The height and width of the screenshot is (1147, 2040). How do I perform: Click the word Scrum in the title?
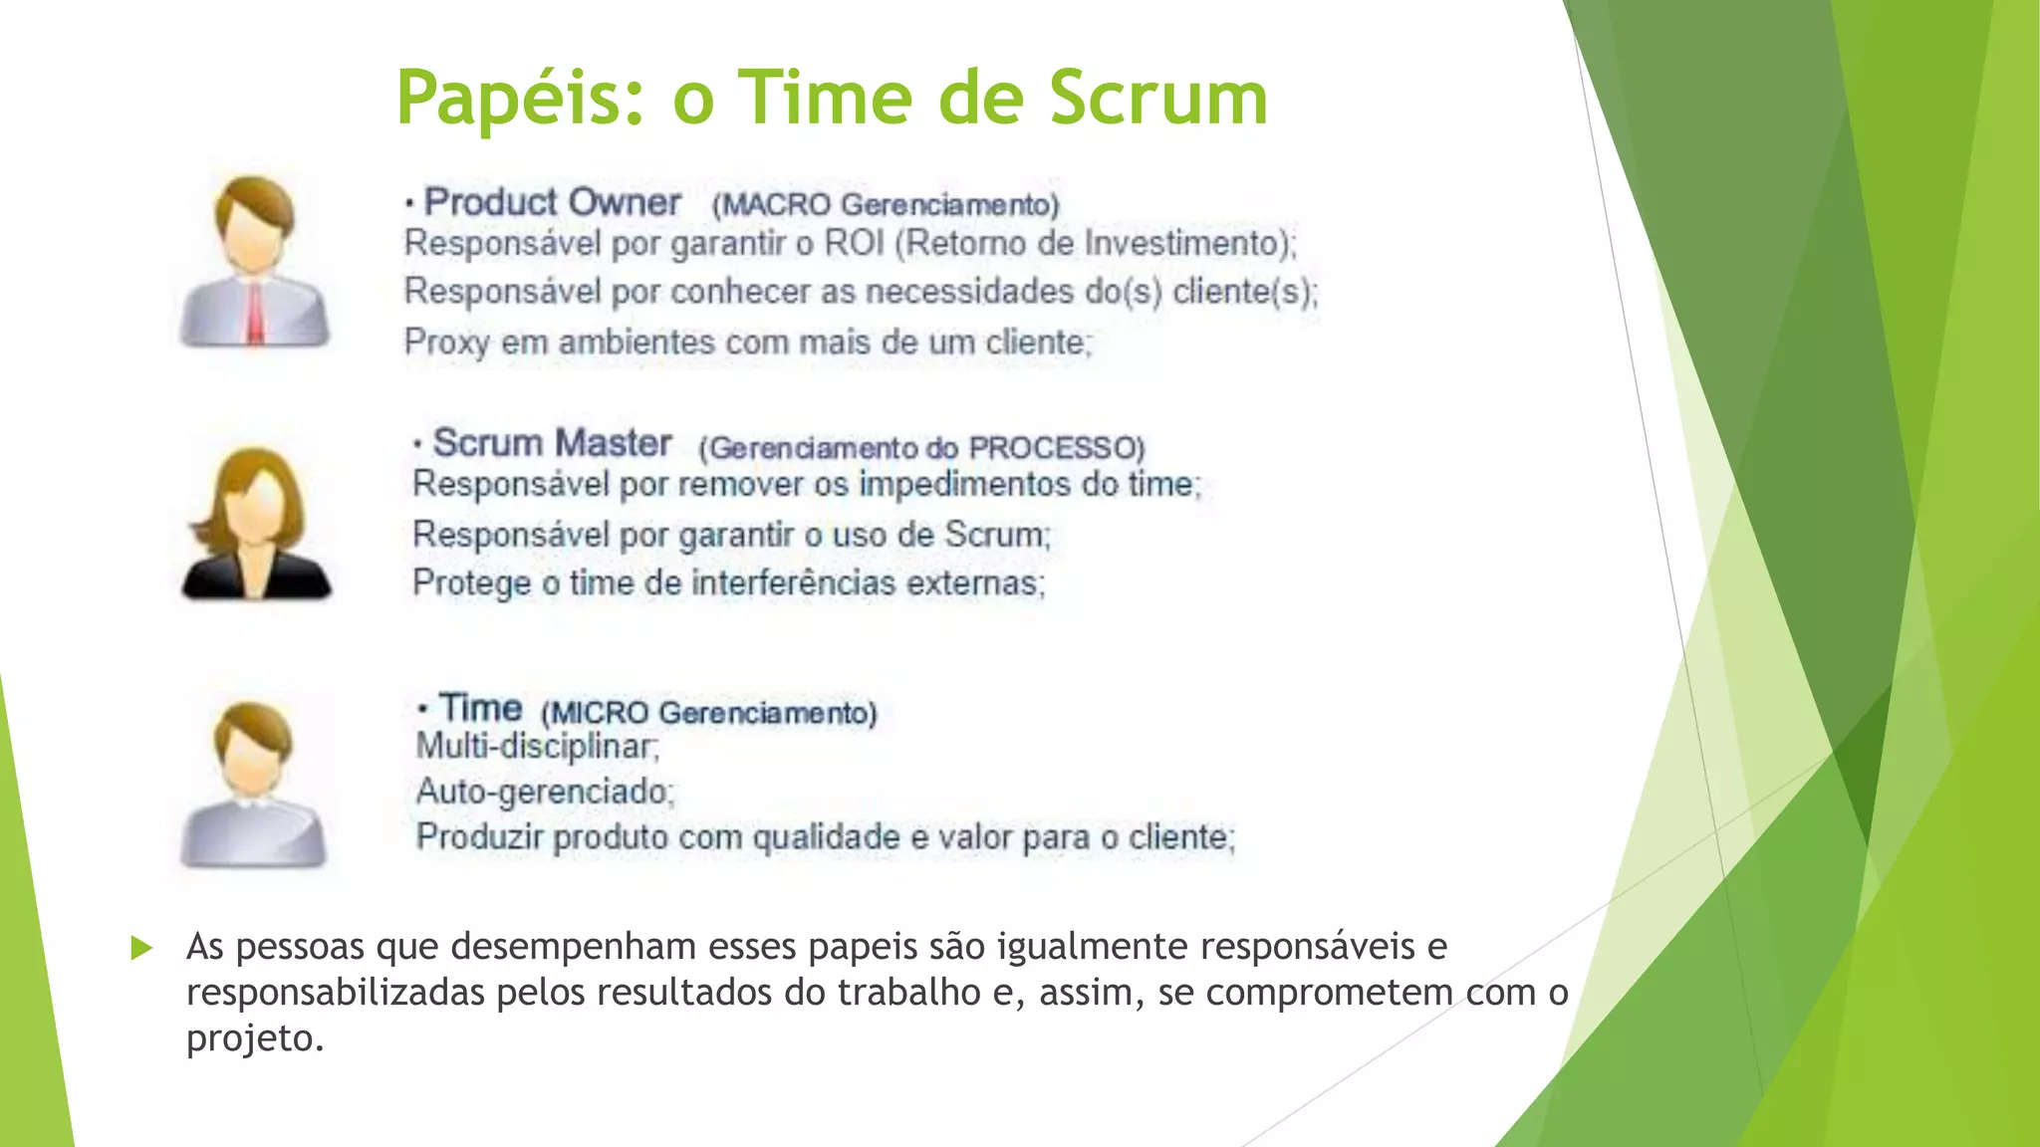pos(1157,98)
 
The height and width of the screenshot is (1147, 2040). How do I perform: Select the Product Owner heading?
pos(552,202)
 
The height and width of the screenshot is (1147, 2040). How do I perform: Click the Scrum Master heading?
pos(552,443)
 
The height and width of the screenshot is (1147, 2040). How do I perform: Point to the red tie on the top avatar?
pos(256,313)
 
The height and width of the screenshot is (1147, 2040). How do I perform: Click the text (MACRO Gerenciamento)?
pos(885,205)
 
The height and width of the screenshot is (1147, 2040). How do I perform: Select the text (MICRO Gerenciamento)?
pos(708,713)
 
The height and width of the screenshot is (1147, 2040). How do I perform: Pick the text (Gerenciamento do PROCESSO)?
pos(921,448)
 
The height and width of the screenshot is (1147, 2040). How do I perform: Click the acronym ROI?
pos(854,243)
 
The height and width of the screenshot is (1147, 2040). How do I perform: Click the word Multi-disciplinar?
pos(537,746)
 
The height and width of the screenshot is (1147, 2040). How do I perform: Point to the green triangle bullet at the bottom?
pos(141,948)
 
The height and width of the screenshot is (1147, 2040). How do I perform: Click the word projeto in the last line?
pos(254,1038)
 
